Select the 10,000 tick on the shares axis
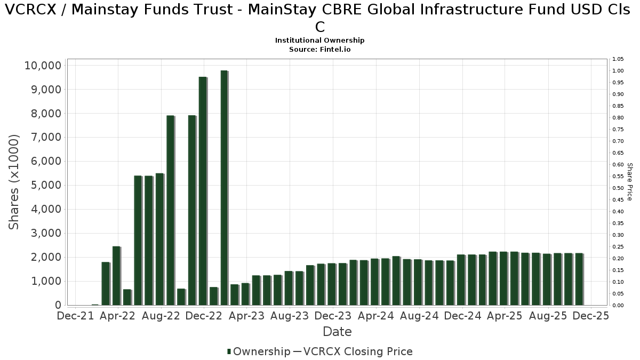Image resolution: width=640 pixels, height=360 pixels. coord(43,66)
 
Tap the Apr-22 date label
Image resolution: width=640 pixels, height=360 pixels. coord(117,316)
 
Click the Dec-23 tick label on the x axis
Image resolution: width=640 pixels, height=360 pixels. coord(333,316)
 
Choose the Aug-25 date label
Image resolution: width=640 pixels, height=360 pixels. coord(548,316)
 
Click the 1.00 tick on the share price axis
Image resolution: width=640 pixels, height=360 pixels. coord(618,71)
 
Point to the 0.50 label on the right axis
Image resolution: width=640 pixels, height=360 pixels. coord(618,188)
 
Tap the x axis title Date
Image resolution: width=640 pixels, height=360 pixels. coord(337,332)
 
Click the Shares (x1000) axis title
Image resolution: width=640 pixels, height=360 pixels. coord(14,182)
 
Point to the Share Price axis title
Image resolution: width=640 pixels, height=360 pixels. coord(630,182)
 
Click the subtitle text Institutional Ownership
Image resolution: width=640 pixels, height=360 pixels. coord(319,41)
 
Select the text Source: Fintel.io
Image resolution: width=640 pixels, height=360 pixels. coord(319,49)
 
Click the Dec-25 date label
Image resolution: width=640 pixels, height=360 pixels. coord(591,316)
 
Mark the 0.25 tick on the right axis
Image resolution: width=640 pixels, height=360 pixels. coord(618,247)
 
